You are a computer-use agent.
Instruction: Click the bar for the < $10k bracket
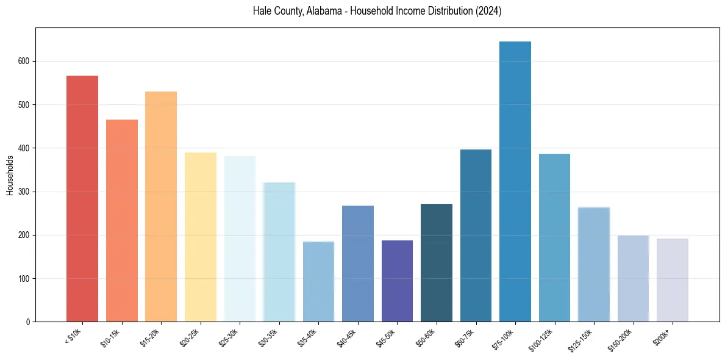click(x=82, y=199)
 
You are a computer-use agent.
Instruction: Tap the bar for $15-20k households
click(x=161, y=207)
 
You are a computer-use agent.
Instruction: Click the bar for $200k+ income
click(x=673, y=280)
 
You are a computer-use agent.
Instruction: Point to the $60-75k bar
click(x=476, y=236)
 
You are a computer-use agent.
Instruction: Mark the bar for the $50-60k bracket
click(x=437, y=262)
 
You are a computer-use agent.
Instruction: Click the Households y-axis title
click(x=10, y=175)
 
